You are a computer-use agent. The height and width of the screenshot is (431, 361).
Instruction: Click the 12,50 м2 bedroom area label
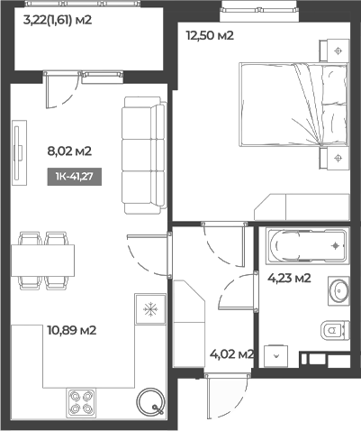210,36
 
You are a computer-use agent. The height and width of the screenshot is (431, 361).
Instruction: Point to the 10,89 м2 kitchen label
72,330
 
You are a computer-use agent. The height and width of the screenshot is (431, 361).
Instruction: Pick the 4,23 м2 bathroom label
289,278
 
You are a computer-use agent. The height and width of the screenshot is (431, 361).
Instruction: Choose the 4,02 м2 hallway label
230,354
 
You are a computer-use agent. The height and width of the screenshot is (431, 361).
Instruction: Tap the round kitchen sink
149,401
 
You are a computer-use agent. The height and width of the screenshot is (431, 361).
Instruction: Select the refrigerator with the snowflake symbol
149,308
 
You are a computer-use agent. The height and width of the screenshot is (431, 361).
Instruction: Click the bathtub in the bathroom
307,245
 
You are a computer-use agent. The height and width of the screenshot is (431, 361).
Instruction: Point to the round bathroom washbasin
340,291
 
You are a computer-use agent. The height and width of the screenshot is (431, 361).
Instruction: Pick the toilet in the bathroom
334,331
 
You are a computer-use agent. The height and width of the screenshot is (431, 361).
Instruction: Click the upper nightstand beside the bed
338,50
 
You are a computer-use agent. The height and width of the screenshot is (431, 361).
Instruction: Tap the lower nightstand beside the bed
338,160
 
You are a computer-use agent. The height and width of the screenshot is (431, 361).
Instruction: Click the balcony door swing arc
63,88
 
